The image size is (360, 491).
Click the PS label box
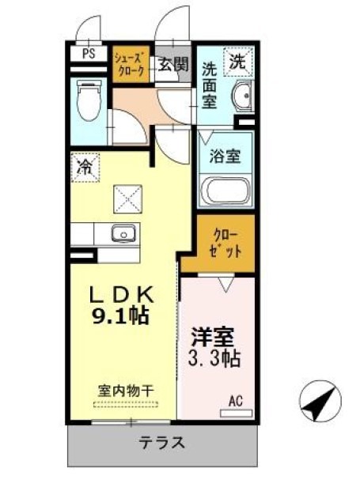(89, 55)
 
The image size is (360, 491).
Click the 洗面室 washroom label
(209, 85)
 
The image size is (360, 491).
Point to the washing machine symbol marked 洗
(238, 60)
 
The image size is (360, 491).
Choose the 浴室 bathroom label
(225, 157)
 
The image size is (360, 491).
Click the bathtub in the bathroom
(225, 192)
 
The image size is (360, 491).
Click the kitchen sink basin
(123, 232)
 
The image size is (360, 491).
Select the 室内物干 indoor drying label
(126, 391)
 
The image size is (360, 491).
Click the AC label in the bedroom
(236, 401)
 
